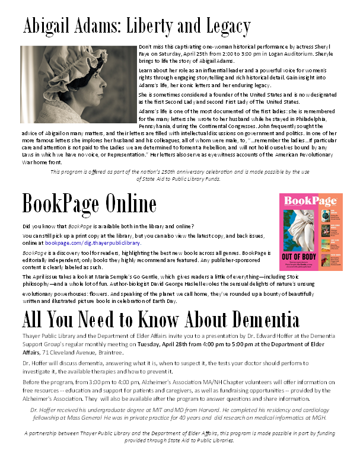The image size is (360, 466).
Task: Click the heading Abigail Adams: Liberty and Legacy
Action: click(136, 27)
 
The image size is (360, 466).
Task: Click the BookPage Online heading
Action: click(89, 205)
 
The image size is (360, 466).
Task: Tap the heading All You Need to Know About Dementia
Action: click(160, 321)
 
